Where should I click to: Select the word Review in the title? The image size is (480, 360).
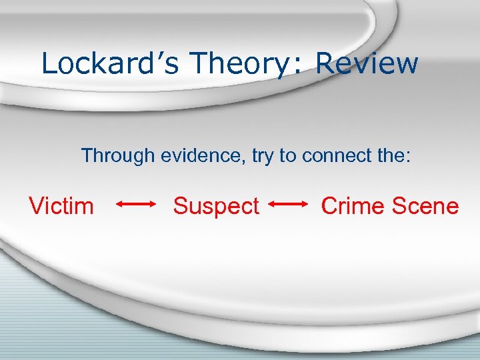point(367,63)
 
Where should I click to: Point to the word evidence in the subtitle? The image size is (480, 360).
point(204,156)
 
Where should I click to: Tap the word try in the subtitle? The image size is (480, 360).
point(266,157)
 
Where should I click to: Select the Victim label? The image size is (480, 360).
point(61,206)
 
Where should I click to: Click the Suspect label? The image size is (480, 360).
point(216,207)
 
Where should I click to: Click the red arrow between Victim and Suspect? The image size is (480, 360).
point(137,205)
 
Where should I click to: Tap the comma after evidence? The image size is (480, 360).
point(247,162)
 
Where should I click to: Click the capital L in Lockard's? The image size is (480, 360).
point(48,63)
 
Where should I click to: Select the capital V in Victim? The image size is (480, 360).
point(36,206)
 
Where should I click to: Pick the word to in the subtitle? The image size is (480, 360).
point(288,156)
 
